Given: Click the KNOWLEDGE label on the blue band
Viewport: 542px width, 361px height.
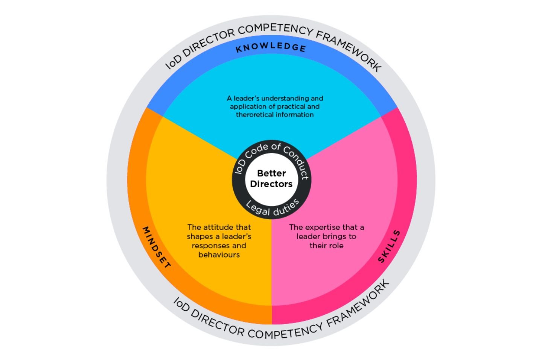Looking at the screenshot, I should coord(271,47).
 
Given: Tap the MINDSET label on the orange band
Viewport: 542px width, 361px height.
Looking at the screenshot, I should coord(157,247).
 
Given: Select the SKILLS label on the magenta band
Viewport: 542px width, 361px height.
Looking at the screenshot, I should coord(389,247).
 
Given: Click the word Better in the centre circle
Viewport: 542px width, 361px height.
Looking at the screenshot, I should coord(271,173).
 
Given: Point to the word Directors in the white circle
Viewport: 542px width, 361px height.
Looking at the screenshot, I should coord(271,184).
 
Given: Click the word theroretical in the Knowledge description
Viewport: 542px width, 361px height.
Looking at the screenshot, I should coord(254,115).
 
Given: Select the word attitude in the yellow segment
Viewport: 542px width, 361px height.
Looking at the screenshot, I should coord(219,227).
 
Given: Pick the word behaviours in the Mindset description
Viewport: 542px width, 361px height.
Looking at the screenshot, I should coord(219,255).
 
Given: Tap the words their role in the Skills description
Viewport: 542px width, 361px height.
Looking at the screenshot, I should coord(326,246).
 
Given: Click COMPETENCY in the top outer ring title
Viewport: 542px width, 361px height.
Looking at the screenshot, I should coord(275,29).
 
